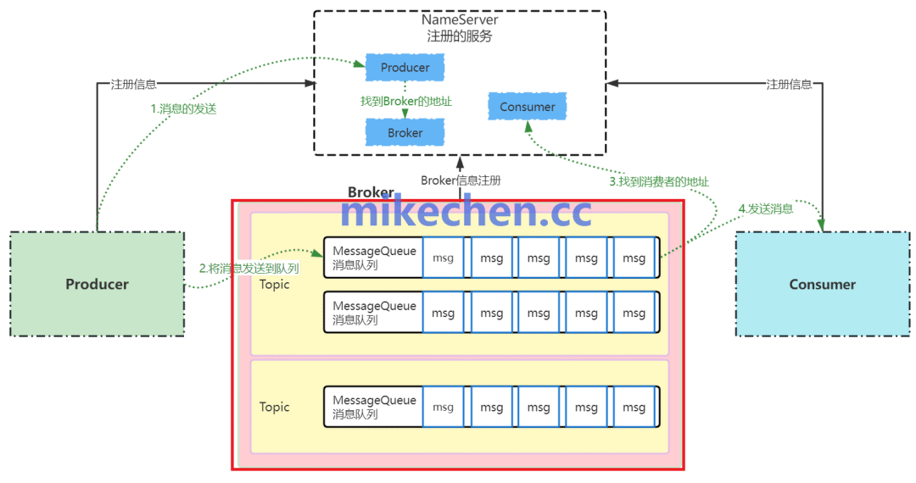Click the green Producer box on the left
pos(98,284)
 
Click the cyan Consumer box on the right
pos(822,284)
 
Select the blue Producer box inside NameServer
pos(405,68)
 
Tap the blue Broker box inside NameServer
pos(405,133)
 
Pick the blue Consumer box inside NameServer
pos(527,107)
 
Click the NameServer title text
pos(460,19)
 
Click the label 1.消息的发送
pos(183,108)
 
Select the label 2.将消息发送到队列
pos(249,268)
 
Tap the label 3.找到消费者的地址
pos(659,181)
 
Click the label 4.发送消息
pos(765,208)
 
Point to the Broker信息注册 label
pos(461,180)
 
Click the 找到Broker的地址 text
pos(406,101)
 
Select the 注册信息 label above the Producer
pos(134,85)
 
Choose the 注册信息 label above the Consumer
pos(789,85)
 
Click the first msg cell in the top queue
pos(444,258)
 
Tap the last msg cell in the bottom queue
pos(634,408)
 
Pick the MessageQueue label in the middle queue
pos(374,305)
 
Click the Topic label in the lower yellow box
pos(275,408)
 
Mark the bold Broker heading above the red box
pos(371,193)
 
